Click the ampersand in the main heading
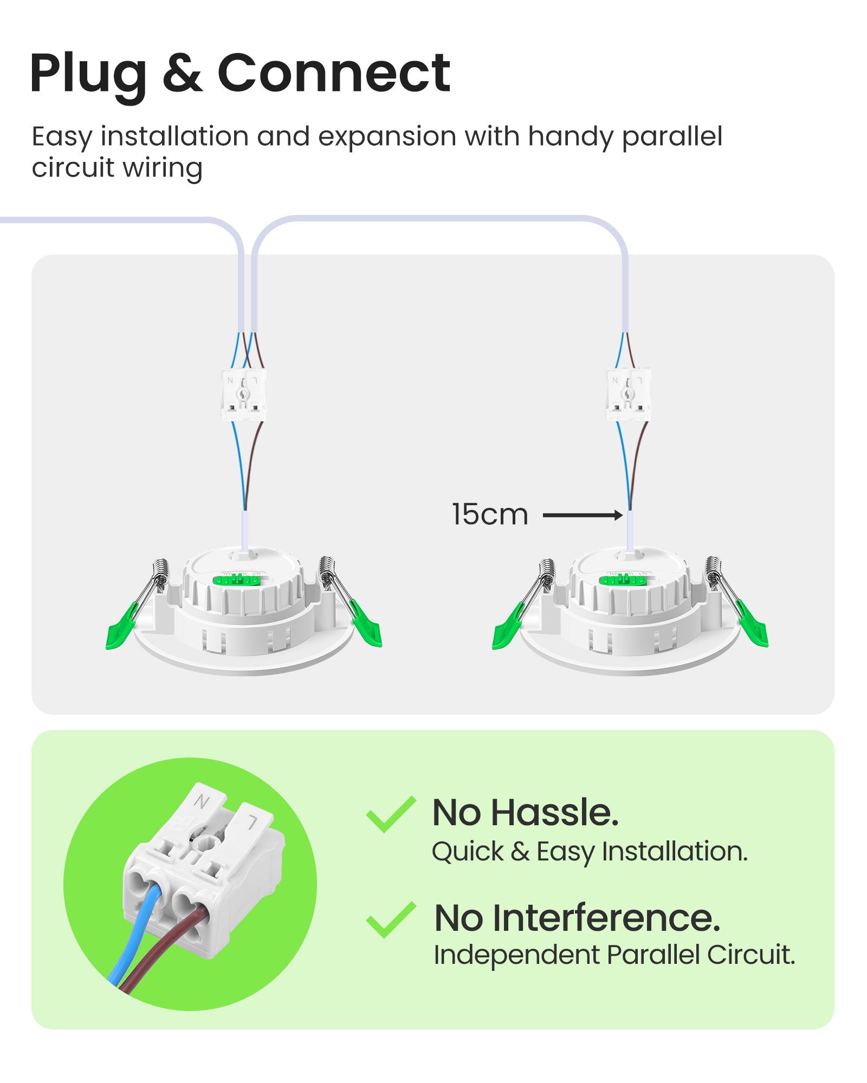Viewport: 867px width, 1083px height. (183, 73)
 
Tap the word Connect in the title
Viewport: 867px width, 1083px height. (334, 73)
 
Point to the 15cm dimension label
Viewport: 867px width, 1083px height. (490, 514)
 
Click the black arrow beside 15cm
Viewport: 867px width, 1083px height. (583, 515)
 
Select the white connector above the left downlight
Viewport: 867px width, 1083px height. (243, 395)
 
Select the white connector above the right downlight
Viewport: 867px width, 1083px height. (628, 395)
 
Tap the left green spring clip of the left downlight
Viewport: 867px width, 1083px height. (123, 627)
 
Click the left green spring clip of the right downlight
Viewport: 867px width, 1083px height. (509, 627)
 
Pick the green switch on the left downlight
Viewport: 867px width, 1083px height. (237, 580)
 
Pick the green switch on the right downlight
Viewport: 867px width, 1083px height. (623, 580)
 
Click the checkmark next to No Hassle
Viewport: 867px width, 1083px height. (391, 814)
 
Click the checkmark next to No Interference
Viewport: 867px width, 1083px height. (391, 920)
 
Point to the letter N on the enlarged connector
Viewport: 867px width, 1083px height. (202, 801)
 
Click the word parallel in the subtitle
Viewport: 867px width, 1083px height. (672, 136)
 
